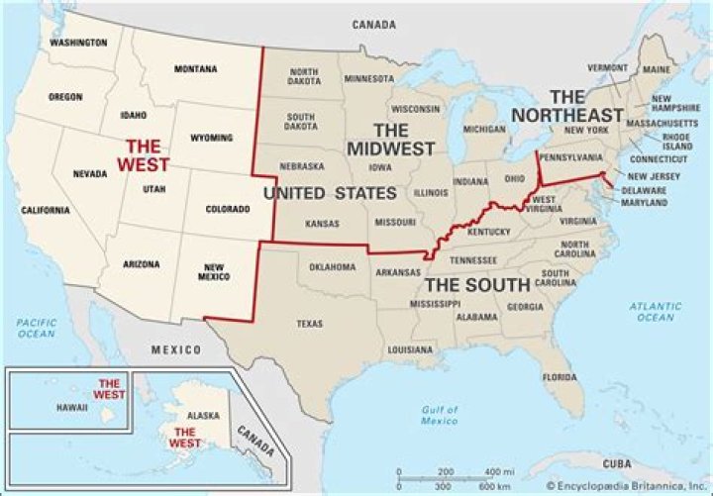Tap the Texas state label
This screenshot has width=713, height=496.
pos(310,324)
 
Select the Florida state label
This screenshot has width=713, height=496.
pos(560,377)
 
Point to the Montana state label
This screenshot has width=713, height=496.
pos(196,68)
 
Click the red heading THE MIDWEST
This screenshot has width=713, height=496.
pos(390,140)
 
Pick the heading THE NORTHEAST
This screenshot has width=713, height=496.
pos(567,105)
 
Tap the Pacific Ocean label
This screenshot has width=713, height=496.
pos(36,328)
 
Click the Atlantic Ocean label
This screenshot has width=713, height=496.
pos(655,312)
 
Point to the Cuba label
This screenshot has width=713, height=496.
pos(620,463)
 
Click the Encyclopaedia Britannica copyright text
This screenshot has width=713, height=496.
pos(626,487)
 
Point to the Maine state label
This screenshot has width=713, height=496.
pos(656,69)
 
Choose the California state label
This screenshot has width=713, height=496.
pos(47,210)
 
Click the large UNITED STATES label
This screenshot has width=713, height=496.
pos(318,193)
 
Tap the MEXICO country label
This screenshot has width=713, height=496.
pos(175,350)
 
